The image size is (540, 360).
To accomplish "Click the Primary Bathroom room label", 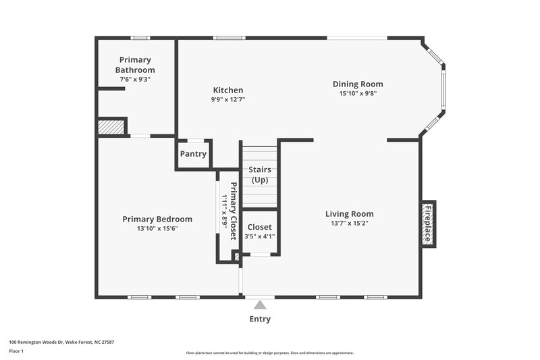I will pyautogui.click(x=135, y=64).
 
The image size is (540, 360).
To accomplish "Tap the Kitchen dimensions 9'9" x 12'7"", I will pyautogui.click(x=228, y=99).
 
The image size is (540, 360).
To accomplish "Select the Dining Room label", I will pyautogui.click(x=358, y=84).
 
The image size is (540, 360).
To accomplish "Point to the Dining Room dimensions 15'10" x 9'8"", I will pyautogui.click(x=358, y=93).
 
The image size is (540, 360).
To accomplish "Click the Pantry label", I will pyautogui.click(x=193, y=154).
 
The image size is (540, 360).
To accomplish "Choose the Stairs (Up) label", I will pyautogui.click(x=260, y=175).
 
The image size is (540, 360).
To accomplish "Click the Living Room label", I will pyautogui.click(x=349, y=213).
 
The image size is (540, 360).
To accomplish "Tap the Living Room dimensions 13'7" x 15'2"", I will pyautogui.click(x=349, y=223).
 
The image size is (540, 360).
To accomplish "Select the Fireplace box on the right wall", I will pyautogui.click(x=427, y=224).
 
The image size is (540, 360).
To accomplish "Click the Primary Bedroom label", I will pyautogui.click(x=157, y=219).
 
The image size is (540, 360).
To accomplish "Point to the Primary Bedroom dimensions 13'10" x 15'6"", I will pyautogui.click(x=157, y=228).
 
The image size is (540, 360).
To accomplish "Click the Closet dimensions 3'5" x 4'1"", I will pyautogui.click(x=260, y=236).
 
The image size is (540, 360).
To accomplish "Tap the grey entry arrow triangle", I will pyautogui.click(x=260, y=305).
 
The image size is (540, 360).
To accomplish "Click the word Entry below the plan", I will pyautogui.click(x=260, y=319).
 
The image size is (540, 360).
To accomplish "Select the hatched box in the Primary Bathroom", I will pyautogui.click(x=111, y=127).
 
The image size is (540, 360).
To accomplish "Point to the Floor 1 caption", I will pyautogui.click(x=16, y=351).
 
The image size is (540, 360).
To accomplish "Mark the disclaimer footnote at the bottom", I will pyautogui.click(x=270, y=353).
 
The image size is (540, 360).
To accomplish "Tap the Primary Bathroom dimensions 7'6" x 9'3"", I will pyautogui.click(x=135, y=79).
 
